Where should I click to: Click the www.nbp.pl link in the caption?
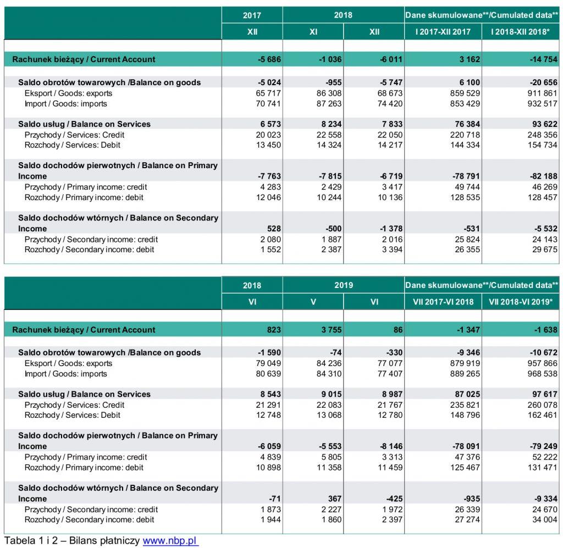(170, 541)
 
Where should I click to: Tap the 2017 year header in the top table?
(252, 15)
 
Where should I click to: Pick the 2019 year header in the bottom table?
(343, 285)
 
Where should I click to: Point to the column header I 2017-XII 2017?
(443, 32)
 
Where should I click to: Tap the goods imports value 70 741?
(269, 104)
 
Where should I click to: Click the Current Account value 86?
(398, 330)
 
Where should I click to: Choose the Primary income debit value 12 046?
(269, 197)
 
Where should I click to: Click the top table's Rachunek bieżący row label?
(84, 59)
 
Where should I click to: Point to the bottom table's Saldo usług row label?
(84, 394)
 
